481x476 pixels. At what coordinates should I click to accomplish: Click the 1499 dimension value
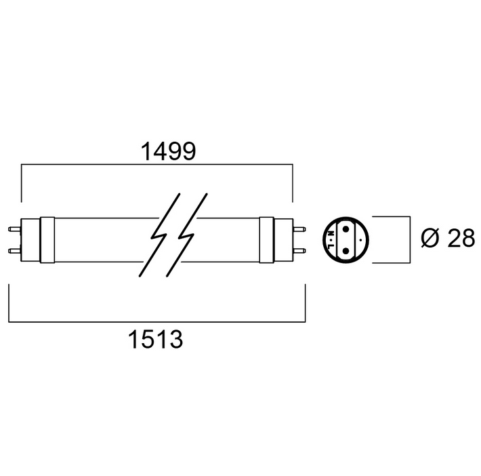(x=168, y=151)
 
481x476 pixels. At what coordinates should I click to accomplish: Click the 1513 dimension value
(x=155, y=339)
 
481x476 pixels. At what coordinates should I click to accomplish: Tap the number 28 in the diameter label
(x=461, y=238)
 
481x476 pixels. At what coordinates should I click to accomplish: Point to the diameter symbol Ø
(x=430, y=238)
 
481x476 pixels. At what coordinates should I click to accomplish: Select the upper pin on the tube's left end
(x=14, y=229)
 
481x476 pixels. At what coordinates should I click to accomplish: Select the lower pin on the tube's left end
(x=14, y=251)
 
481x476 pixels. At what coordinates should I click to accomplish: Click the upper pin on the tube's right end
(x=299, y=229)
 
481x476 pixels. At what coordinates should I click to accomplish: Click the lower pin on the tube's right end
(x=299, y=251)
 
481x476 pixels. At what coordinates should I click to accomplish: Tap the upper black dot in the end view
(x=346, y=229)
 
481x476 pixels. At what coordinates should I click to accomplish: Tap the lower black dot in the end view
(x=346, y=251)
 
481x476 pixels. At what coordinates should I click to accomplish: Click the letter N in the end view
(x=331, y=233)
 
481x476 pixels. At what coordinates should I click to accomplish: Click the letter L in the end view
(x=331, y=246)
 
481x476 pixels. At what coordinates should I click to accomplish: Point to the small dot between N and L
(x=331, y=239)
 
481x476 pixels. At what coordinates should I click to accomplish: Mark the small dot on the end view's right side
(x=360, y=239)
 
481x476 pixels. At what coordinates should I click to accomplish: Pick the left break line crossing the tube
(x=159, y=235)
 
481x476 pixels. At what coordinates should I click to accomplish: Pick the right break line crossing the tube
(x=187, y=235)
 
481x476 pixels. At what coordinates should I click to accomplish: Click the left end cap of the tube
(x=30, y=240)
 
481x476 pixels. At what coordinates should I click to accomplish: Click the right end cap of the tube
(x=283, y=240)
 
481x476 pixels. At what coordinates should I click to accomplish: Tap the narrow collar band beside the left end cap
(x=47, y=240)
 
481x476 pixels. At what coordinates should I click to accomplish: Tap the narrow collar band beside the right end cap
(x=266, y=240)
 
